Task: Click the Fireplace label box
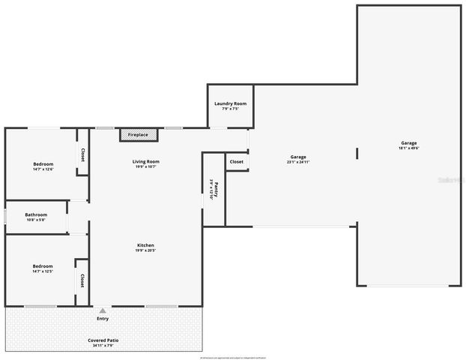click(x=139, y=135)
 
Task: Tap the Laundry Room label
click(x=230, y=103)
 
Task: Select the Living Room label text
click(x=146, y=161)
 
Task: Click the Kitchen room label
click(x=146, y=246)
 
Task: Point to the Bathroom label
click(x=36, y=214)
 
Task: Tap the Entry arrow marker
click(x=103, y=310)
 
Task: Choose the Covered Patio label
click(x=103, y=340)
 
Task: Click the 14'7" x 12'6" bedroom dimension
click(x=43, y=169)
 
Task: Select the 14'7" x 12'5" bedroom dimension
click(x=43, y=271)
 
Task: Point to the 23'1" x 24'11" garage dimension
click(x=298, y=162)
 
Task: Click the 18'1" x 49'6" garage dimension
click(x=409, y=148)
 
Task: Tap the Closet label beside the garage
click(x=236, y=161)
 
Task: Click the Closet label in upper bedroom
click(x=82, y=155)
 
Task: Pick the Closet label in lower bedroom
click(x=82, y=280)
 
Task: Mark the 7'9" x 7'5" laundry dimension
click(x=230, y=109)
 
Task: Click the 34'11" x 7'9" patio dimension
click(x=103, y=346)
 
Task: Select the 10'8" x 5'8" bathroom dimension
click(x=36, y=220)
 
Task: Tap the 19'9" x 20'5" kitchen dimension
click(x=146, y=252)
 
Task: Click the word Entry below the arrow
click(x=103, y=319)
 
